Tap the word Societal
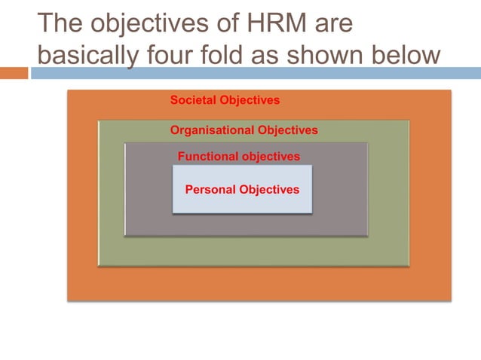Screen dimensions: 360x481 193,99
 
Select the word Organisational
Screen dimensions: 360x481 213,130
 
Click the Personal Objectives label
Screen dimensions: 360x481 242,189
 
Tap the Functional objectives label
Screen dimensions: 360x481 238,157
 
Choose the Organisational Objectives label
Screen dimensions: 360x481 244,130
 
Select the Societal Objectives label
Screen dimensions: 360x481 225,99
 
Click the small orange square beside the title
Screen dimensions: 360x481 14,73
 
